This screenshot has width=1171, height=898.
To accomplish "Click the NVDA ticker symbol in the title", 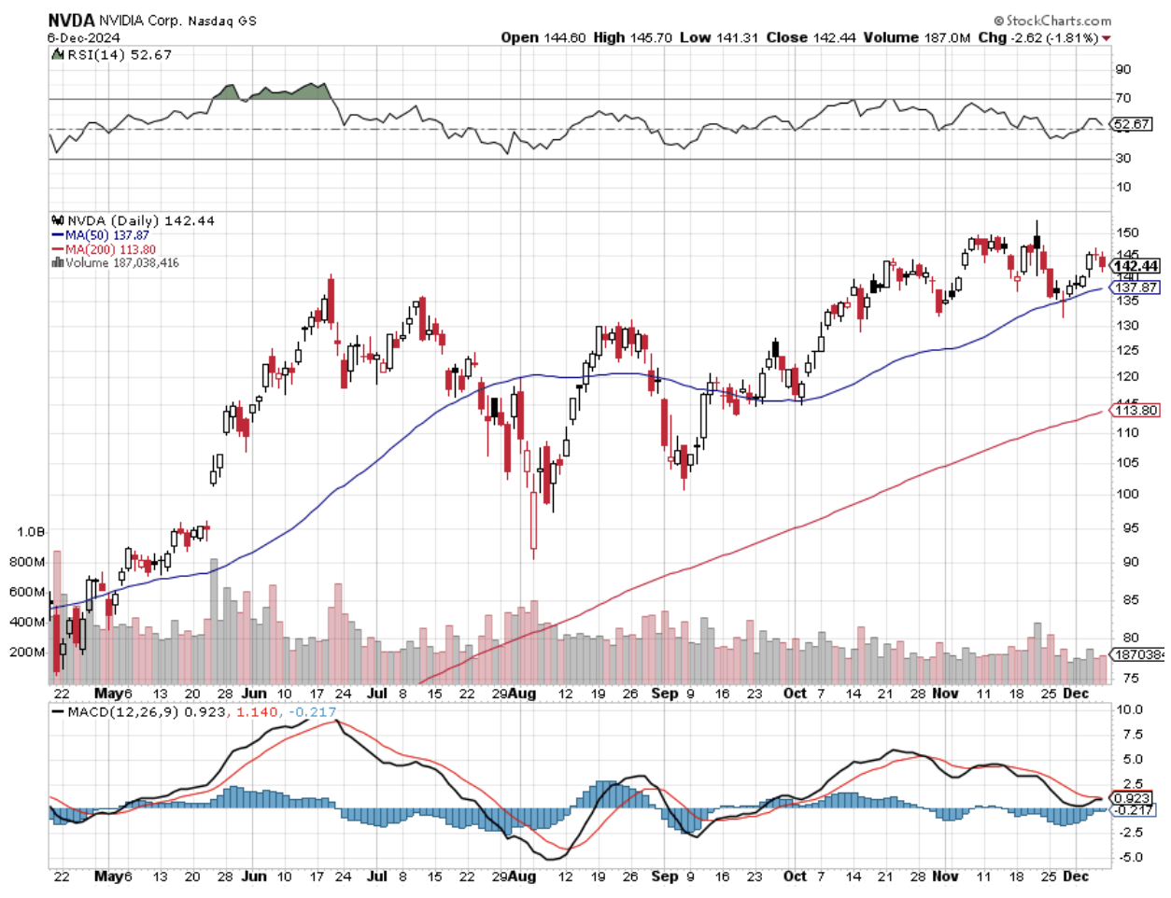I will point(71,20).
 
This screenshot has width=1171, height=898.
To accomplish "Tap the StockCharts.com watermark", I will point(1052,20).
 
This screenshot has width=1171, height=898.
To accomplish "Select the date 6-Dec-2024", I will point(83,38).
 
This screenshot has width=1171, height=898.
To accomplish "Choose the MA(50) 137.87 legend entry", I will point(106,235).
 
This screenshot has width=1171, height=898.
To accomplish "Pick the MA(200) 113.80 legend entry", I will point(110,249).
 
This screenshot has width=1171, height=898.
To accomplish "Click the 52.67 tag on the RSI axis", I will point(1132,123).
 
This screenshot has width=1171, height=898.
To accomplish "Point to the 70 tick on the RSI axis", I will point(1122,98).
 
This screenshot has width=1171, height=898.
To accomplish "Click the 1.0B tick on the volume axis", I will point(31,531).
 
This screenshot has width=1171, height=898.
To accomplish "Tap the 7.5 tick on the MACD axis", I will point(1129,735).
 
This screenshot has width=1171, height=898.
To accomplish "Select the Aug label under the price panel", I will point(524,694).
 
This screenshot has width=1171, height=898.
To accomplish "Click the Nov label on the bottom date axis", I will point(946,876).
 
